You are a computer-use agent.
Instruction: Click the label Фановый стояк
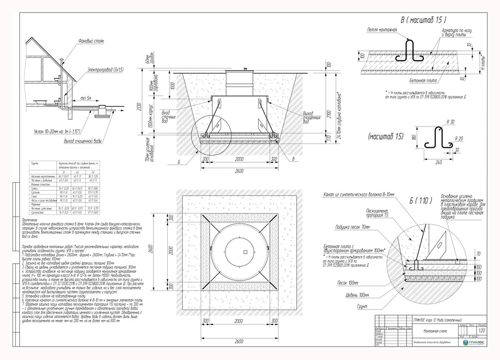pyautogui.click(x=91, y=41)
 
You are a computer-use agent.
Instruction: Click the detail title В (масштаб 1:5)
pyautogui.click(x=423, y=20)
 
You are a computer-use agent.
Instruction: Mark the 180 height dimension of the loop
pyautogui.click(x=413, y=138)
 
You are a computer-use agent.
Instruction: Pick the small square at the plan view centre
pyautogui.click(x=245, y=252)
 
